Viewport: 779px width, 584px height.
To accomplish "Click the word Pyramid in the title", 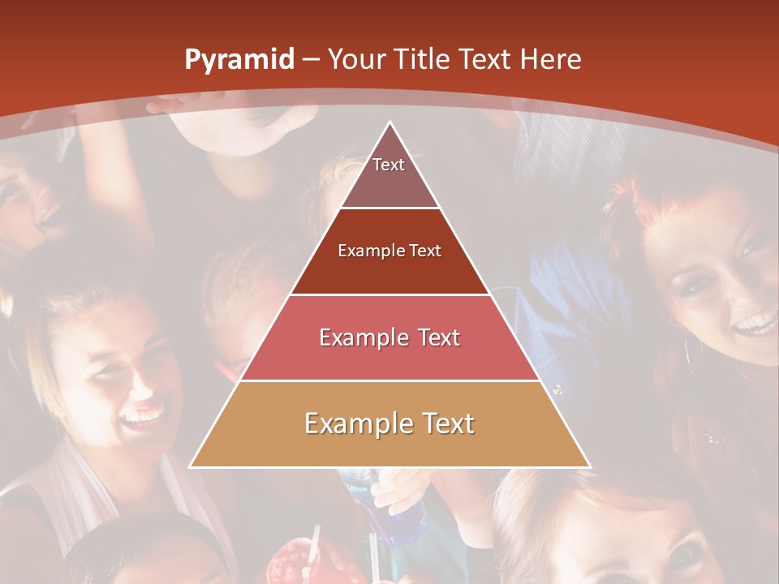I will click(x=239, y=60).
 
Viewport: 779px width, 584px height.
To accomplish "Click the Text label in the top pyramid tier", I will click(x=389, y=165).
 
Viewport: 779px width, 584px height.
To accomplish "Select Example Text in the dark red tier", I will click(x=389, y=251).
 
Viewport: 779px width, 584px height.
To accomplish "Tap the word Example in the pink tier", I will click(x=362, y=337).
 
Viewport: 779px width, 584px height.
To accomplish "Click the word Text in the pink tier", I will click(x=436, y=337).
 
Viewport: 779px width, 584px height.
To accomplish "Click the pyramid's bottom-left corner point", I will click(x=189, y=467).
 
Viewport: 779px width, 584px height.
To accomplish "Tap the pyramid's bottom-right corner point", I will click(x=591, y=467).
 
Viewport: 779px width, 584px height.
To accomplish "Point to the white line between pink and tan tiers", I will click(x=389, y=380).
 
